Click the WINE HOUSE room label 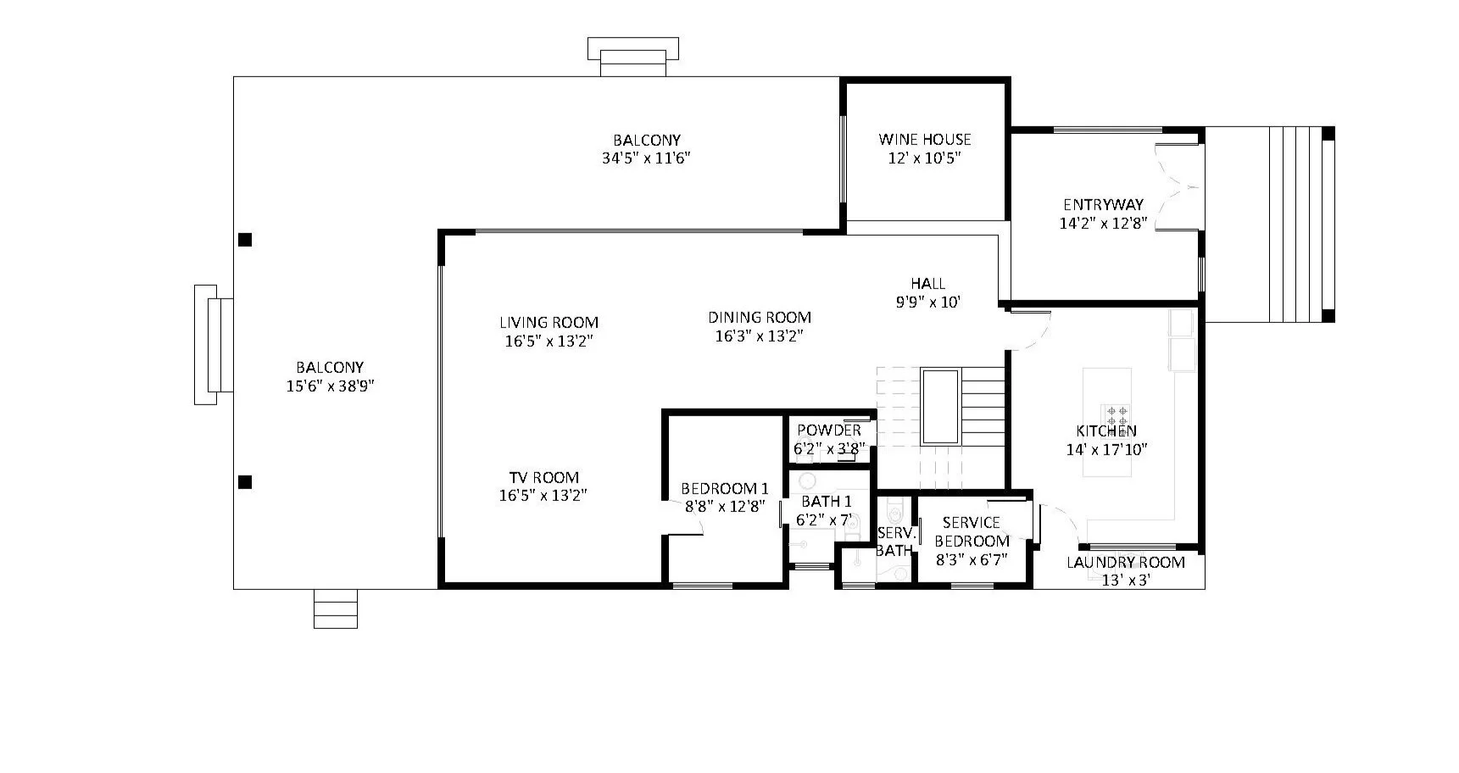click(924, 139)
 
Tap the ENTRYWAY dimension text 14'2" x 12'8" click(1103, 224)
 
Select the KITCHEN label click(1106, 431)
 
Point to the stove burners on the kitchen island click(1115, 415)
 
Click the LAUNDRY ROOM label click(1125, 562)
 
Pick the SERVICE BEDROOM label click(972, 531)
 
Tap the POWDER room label click(828, 431)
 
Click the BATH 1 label click(826, 502)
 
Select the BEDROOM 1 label click(725, 488)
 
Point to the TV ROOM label click(543, 477)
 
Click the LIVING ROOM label click(549, 322)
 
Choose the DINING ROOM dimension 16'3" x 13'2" click(759, 336)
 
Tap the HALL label click(927, 283)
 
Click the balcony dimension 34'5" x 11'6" click(647, 158)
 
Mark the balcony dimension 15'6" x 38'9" click(330, 386)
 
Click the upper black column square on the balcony click(245, 240)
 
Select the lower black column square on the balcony click(245, 482)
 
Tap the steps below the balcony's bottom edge click(336, 609)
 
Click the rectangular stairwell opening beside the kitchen click(940, 406)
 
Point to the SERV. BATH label click(894, 542)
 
